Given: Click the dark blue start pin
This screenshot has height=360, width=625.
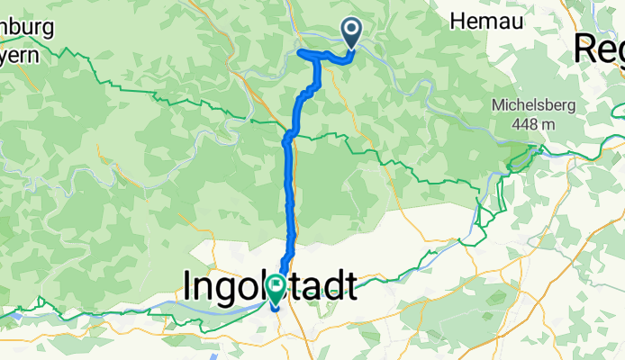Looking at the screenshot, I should (x=350, y=33).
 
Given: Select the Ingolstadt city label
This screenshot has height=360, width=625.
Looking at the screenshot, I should (x=269, y=287).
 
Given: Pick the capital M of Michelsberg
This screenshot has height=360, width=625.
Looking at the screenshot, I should (x=498, y=105).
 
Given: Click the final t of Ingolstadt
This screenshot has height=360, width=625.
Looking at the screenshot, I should (x=349, y=287).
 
